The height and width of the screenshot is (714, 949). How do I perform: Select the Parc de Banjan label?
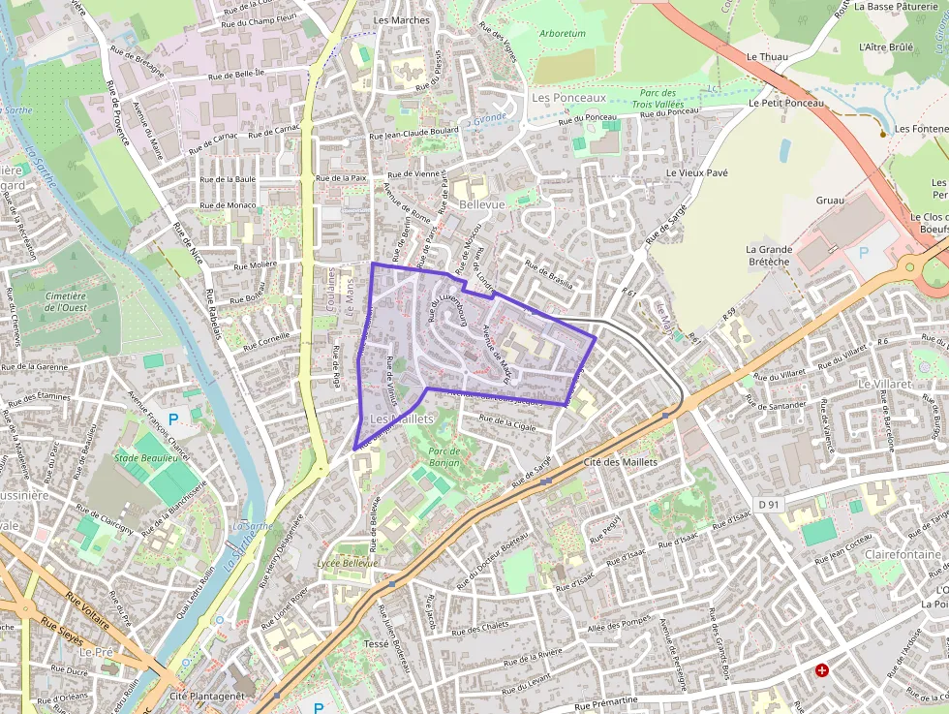coord(443,456)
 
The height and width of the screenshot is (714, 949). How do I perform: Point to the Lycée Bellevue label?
coord(348,563)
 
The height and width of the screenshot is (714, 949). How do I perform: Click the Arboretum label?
coord(562,33)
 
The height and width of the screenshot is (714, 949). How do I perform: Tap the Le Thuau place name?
coord(767,57)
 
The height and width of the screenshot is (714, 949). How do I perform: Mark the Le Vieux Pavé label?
coord(696,172)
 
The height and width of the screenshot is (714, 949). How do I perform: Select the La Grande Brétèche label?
coord(769,255)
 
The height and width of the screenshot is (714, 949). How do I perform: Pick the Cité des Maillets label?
coord(621,462)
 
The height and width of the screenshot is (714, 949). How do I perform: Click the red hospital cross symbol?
coord(822,670)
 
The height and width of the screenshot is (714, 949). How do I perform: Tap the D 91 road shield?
coord(769,504)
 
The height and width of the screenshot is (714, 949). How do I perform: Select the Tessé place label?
coord(375,643)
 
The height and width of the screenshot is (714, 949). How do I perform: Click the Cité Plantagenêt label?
coord(206,696)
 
